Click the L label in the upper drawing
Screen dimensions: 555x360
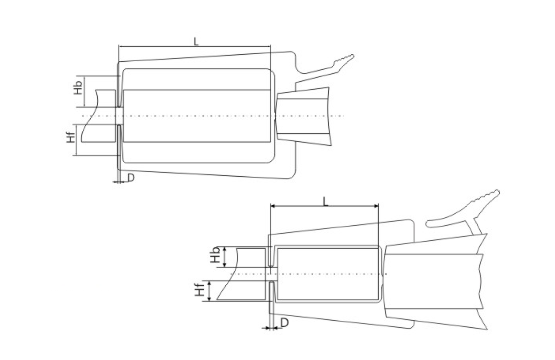(x=196, y=41)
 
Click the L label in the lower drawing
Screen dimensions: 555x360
(x=325, y=202)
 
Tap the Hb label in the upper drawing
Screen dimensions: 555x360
(x=78, y=87)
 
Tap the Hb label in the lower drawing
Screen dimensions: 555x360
(x=215, y=255)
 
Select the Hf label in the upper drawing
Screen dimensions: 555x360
(x=71, y=137)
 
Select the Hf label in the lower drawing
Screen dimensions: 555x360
(x=199, y=288)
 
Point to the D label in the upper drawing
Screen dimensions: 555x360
(x=131, y=177)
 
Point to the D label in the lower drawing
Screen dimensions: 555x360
(x=284, y=323)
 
